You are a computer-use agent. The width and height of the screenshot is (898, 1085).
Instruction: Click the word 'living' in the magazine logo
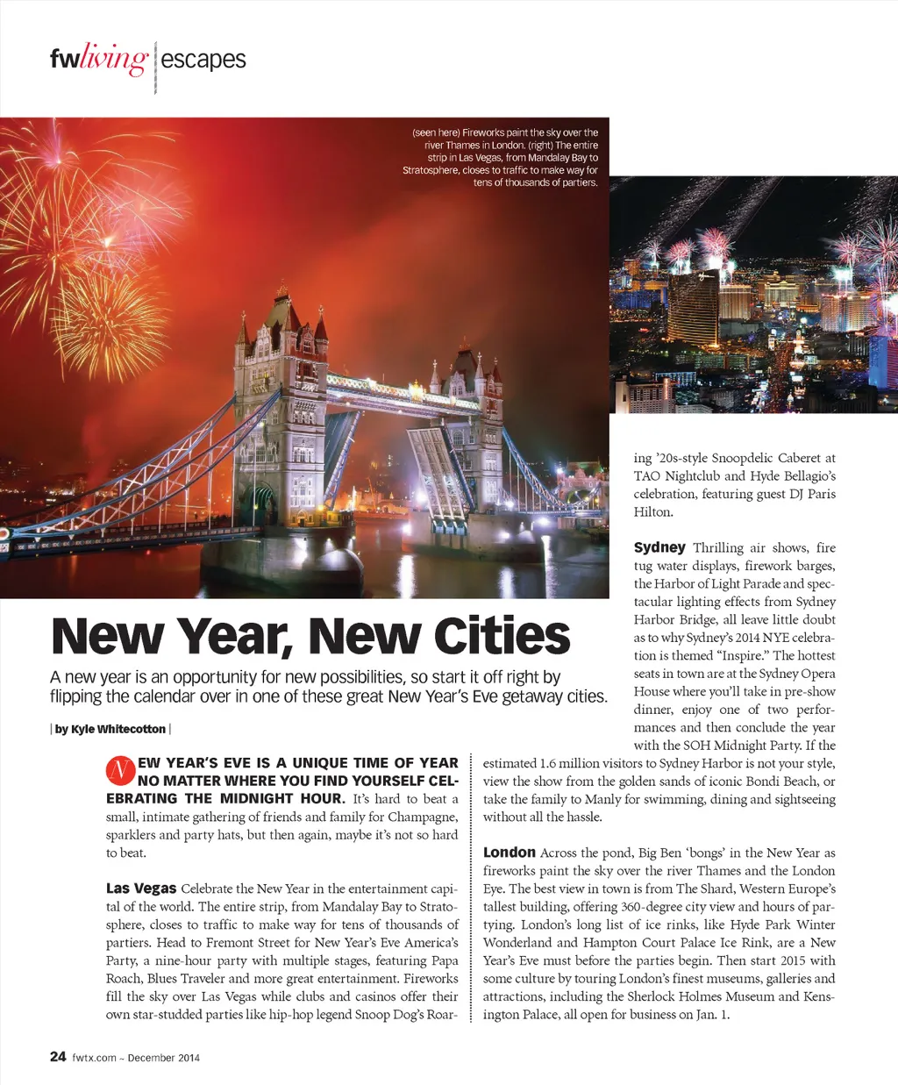click(x=115, y=60)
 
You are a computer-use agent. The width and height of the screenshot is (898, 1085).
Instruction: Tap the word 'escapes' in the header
click(x=203, y=60)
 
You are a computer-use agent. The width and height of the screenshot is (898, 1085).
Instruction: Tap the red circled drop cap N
click(x=119, y=771)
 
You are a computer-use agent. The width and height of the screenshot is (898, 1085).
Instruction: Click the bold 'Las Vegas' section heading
click(x=141, y=889)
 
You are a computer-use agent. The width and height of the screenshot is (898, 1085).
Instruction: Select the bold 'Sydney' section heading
click(x=659, y=547)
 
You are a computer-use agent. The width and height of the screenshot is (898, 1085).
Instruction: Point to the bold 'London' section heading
click(x=509, y=853)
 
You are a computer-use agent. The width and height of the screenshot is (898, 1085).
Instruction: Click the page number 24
click(x=58, y=1057)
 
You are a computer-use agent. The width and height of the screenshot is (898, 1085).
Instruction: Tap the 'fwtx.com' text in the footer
click(x=95, y=1058)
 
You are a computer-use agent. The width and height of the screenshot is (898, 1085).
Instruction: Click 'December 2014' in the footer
click(x=164, y=1058)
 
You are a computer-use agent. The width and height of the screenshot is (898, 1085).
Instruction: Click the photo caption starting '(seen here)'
click(x=502, y=158)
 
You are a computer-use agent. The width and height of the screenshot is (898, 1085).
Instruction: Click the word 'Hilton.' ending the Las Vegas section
click(x=654, y=512)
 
